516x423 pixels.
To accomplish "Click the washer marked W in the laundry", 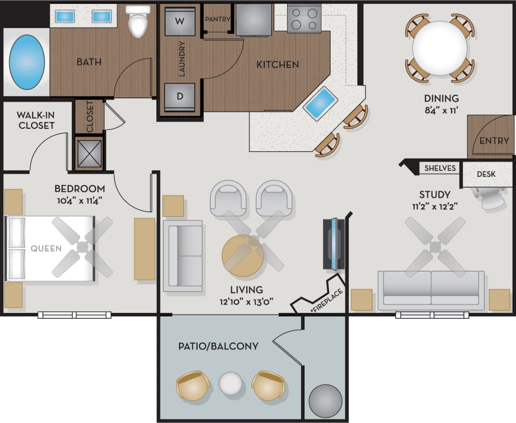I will (180, 21).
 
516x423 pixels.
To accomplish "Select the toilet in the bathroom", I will (137, 22).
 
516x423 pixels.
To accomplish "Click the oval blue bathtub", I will (27, 63).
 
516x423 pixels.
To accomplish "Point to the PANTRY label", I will (217, 19).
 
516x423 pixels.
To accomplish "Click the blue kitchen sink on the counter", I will (320, 104).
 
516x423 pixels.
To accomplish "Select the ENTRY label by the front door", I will (494, 141).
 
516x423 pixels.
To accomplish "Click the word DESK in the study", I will (486, 174).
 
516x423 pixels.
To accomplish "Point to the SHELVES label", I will (440, 168).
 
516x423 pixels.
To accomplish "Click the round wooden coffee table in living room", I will (243, 255).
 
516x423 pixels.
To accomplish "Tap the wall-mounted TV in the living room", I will (334, 245).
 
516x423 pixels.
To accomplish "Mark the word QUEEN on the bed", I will (46, 249).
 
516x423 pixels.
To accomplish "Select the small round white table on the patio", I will (231, 383).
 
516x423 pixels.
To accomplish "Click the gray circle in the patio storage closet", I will (325, 402).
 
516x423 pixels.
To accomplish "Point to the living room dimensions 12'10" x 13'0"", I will (246, 301).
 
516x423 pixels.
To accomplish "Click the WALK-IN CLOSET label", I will (36, 120).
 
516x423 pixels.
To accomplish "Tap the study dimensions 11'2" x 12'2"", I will (435, 207).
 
